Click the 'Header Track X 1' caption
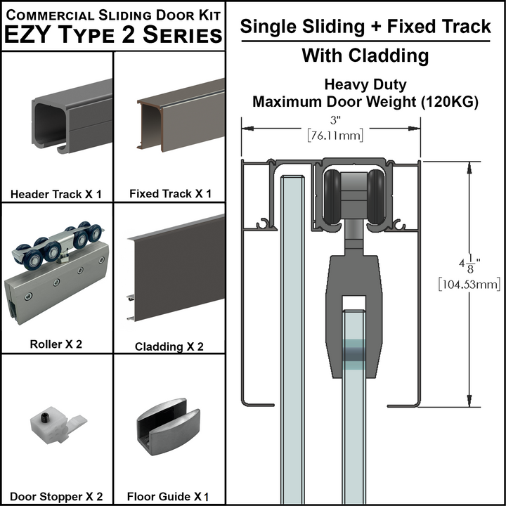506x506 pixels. tap(56, 194)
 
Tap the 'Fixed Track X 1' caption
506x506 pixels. tap(170, 194)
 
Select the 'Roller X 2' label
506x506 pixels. tap(56, 344)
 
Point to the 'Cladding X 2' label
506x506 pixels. tap(169, 346)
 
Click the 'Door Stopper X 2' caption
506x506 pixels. tap(56, 496)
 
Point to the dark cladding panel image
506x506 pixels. tap(176, 271)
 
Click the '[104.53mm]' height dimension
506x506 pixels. tap(468, 284)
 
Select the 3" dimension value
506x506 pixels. tap(330, 118)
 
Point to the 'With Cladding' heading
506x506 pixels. tap(365, 56)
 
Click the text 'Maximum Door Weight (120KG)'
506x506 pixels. tap(365, 102)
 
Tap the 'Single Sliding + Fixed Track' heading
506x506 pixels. tap(365, 27)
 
